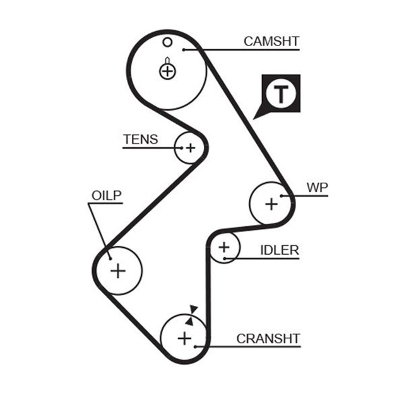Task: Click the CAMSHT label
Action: (271, 42)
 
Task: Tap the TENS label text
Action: (140, 140)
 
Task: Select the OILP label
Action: (105, 195)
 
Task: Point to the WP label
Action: (317, 188)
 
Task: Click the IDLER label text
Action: (279, 250)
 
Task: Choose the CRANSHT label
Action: (268, 339)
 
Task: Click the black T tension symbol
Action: (280, 94)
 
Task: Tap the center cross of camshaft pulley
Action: (167, 71)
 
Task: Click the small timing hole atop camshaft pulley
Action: (167, 43)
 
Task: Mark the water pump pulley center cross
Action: (271, 204)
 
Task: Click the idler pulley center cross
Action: (223, 248)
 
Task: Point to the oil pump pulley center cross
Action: (118, 271)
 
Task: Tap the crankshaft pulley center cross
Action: (184, 338)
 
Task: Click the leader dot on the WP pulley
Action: (282, 196)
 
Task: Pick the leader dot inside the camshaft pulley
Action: (183, 49)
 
